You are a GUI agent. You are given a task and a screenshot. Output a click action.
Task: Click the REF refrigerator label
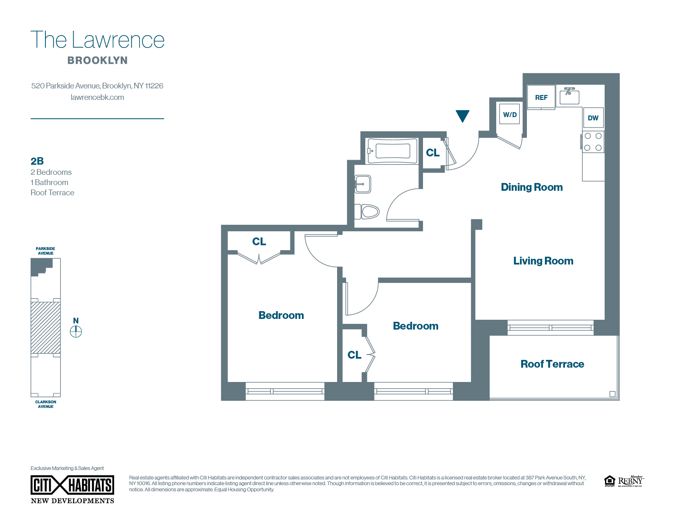[541, 97]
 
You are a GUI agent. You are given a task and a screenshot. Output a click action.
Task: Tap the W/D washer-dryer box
[509, 114]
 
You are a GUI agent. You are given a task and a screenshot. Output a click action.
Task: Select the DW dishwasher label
[593, 118]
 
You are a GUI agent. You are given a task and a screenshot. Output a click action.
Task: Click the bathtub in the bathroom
[392, 151]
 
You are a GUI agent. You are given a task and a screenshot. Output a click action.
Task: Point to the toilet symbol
[367, 212]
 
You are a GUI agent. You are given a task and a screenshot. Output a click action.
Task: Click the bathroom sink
[363, 184]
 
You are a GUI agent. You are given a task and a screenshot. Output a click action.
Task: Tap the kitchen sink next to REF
[569, 96]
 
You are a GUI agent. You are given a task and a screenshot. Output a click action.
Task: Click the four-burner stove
[593, 142]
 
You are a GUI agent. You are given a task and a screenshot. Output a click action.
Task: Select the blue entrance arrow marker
[462, 116]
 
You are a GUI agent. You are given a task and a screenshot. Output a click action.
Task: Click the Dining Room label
[531, 187]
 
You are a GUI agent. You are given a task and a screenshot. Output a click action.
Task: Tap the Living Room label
[543, 261]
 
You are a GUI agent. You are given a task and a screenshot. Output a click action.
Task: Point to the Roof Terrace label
[552, 364]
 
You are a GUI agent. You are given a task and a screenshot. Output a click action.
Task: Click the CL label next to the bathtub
[432, 153]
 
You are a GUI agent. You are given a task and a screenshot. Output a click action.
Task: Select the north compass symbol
[76, 331]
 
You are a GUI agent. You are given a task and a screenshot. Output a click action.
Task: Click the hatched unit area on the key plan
[46, 328]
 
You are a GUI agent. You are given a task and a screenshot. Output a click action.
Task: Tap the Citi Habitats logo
[72, 486]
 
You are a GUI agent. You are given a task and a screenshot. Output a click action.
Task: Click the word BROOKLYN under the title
[97, 60]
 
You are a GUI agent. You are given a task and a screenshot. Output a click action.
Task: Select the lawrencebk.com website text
[97, 97]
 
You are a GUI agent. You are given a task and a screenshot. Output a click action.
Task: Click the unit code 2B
[37, 161]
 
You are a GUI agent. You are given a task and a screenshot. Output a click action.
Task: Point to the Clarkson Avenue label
[46, 404]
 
